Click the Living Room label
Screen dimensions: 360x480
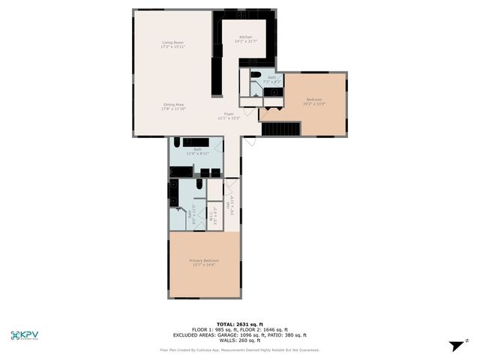173,43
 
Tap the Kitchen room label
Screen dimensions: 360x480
246,37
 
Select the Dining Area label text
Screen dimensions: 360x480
173,104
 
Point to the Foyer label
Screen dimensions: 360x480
228,114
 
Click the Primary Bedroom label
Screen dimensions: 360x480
204,260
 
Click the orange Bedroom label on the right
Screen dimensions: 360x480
314,99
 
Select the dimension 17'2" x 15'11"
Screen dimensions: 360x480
173,46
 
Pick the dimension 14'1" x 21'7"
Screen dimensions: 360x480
246,40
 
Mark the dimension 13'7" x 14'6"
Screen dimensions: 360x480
204,264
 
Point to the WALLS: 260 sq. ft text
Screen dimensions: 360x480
240,340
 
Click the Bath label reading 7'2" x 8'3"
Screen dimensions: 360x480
272,79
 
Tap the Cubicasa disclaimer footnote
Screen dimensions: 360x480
240,349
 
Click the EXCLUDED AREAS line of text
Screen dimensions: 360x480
240,335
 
